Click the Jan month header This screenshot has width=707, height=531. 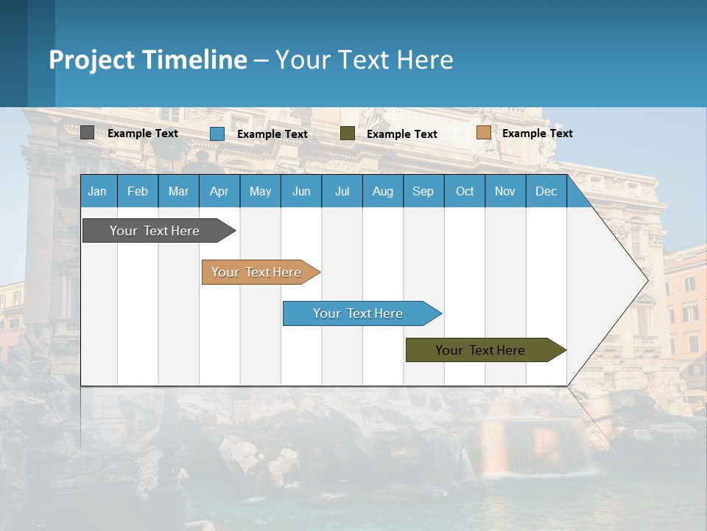point(97,192)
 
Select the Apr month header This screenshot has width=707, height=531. point(219,192)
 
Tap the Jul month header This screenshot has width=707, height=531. point(342,192)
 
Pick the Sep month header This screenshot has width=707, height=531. point(423,192)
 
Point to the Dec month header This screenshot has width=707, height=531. point(546,192)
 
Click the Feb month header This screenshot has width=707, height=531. point(138,192)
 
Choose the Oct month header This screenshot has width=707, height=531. point(465,192)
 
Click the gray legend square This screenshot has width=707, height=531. point(87,133)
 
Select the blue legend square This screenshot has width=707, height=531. point(217,133)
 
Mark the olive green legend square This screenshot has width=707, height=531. point(348,133)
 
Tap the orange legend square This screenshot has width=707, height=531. point(483,133)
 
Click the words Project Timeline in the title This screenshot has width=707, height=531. point(147,60)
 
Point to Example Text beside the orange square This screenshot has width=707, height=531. point(538,133)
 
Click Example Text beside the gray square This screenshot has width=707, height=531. point(143,133)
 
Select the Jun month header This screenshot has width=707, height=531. point(301,192)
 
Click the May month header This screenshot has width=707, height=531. point(260,192)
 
